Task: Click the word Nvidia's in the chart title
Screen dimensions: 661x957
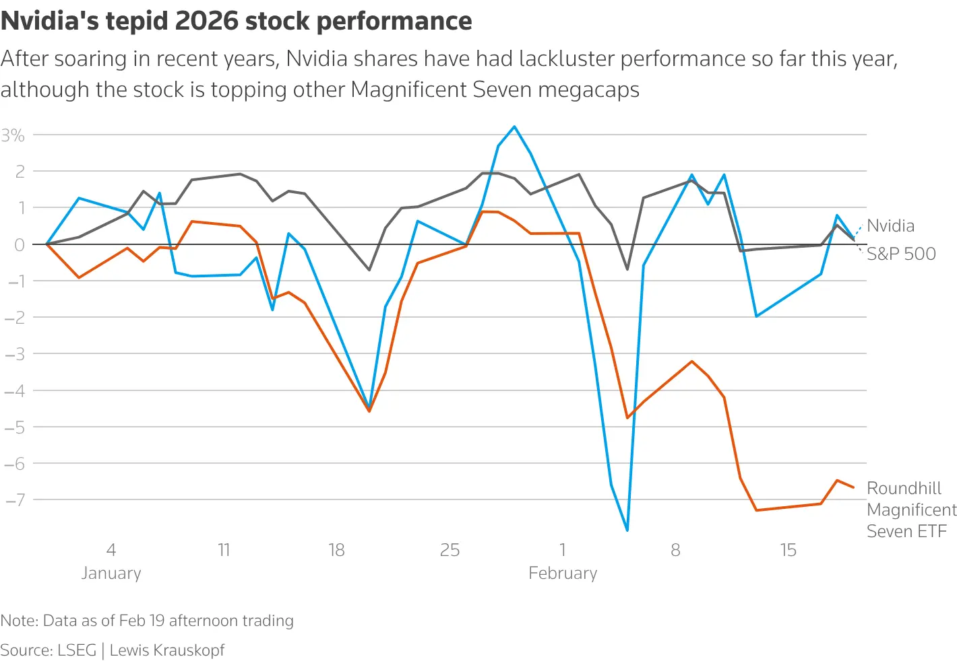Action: pos(41,22)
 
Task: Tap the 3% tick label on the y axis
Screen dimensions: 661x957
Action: pos(13,135)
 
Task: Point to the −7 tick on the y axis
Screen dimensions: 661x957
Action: pos(15,499)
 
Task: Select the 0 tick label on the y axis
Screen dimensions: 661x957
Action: pos(19,244)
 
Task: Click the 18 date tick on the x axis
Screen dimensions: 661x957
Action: pos(336,550)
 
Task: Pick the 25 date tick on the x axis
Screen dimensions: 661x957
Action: pos(450,550)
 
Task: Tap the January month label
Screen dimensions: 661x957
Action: pos(111,573)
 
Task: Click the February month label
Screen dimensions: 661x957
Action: pos(563,573)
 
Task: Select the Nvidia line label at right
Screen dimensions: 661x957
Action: pos(890,225)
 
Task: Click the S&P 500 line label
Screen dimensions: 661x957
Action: pos(901,254)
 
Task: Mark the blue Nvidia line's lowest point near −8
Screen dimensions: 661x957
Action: pos(627,530)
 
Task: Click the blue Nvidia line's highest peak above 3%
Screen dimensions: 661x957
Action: pos(515,127)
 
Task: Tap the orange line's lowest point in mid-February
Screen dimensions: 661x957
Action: pos(756,510)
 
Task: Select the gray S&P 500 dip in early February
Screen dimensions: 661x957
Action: pos(627,269)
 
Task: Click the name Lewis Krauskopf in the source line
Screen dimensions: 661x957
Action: pos(167,650)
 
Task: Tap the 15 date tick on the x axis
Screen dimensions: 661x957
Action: pos(788,550)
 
